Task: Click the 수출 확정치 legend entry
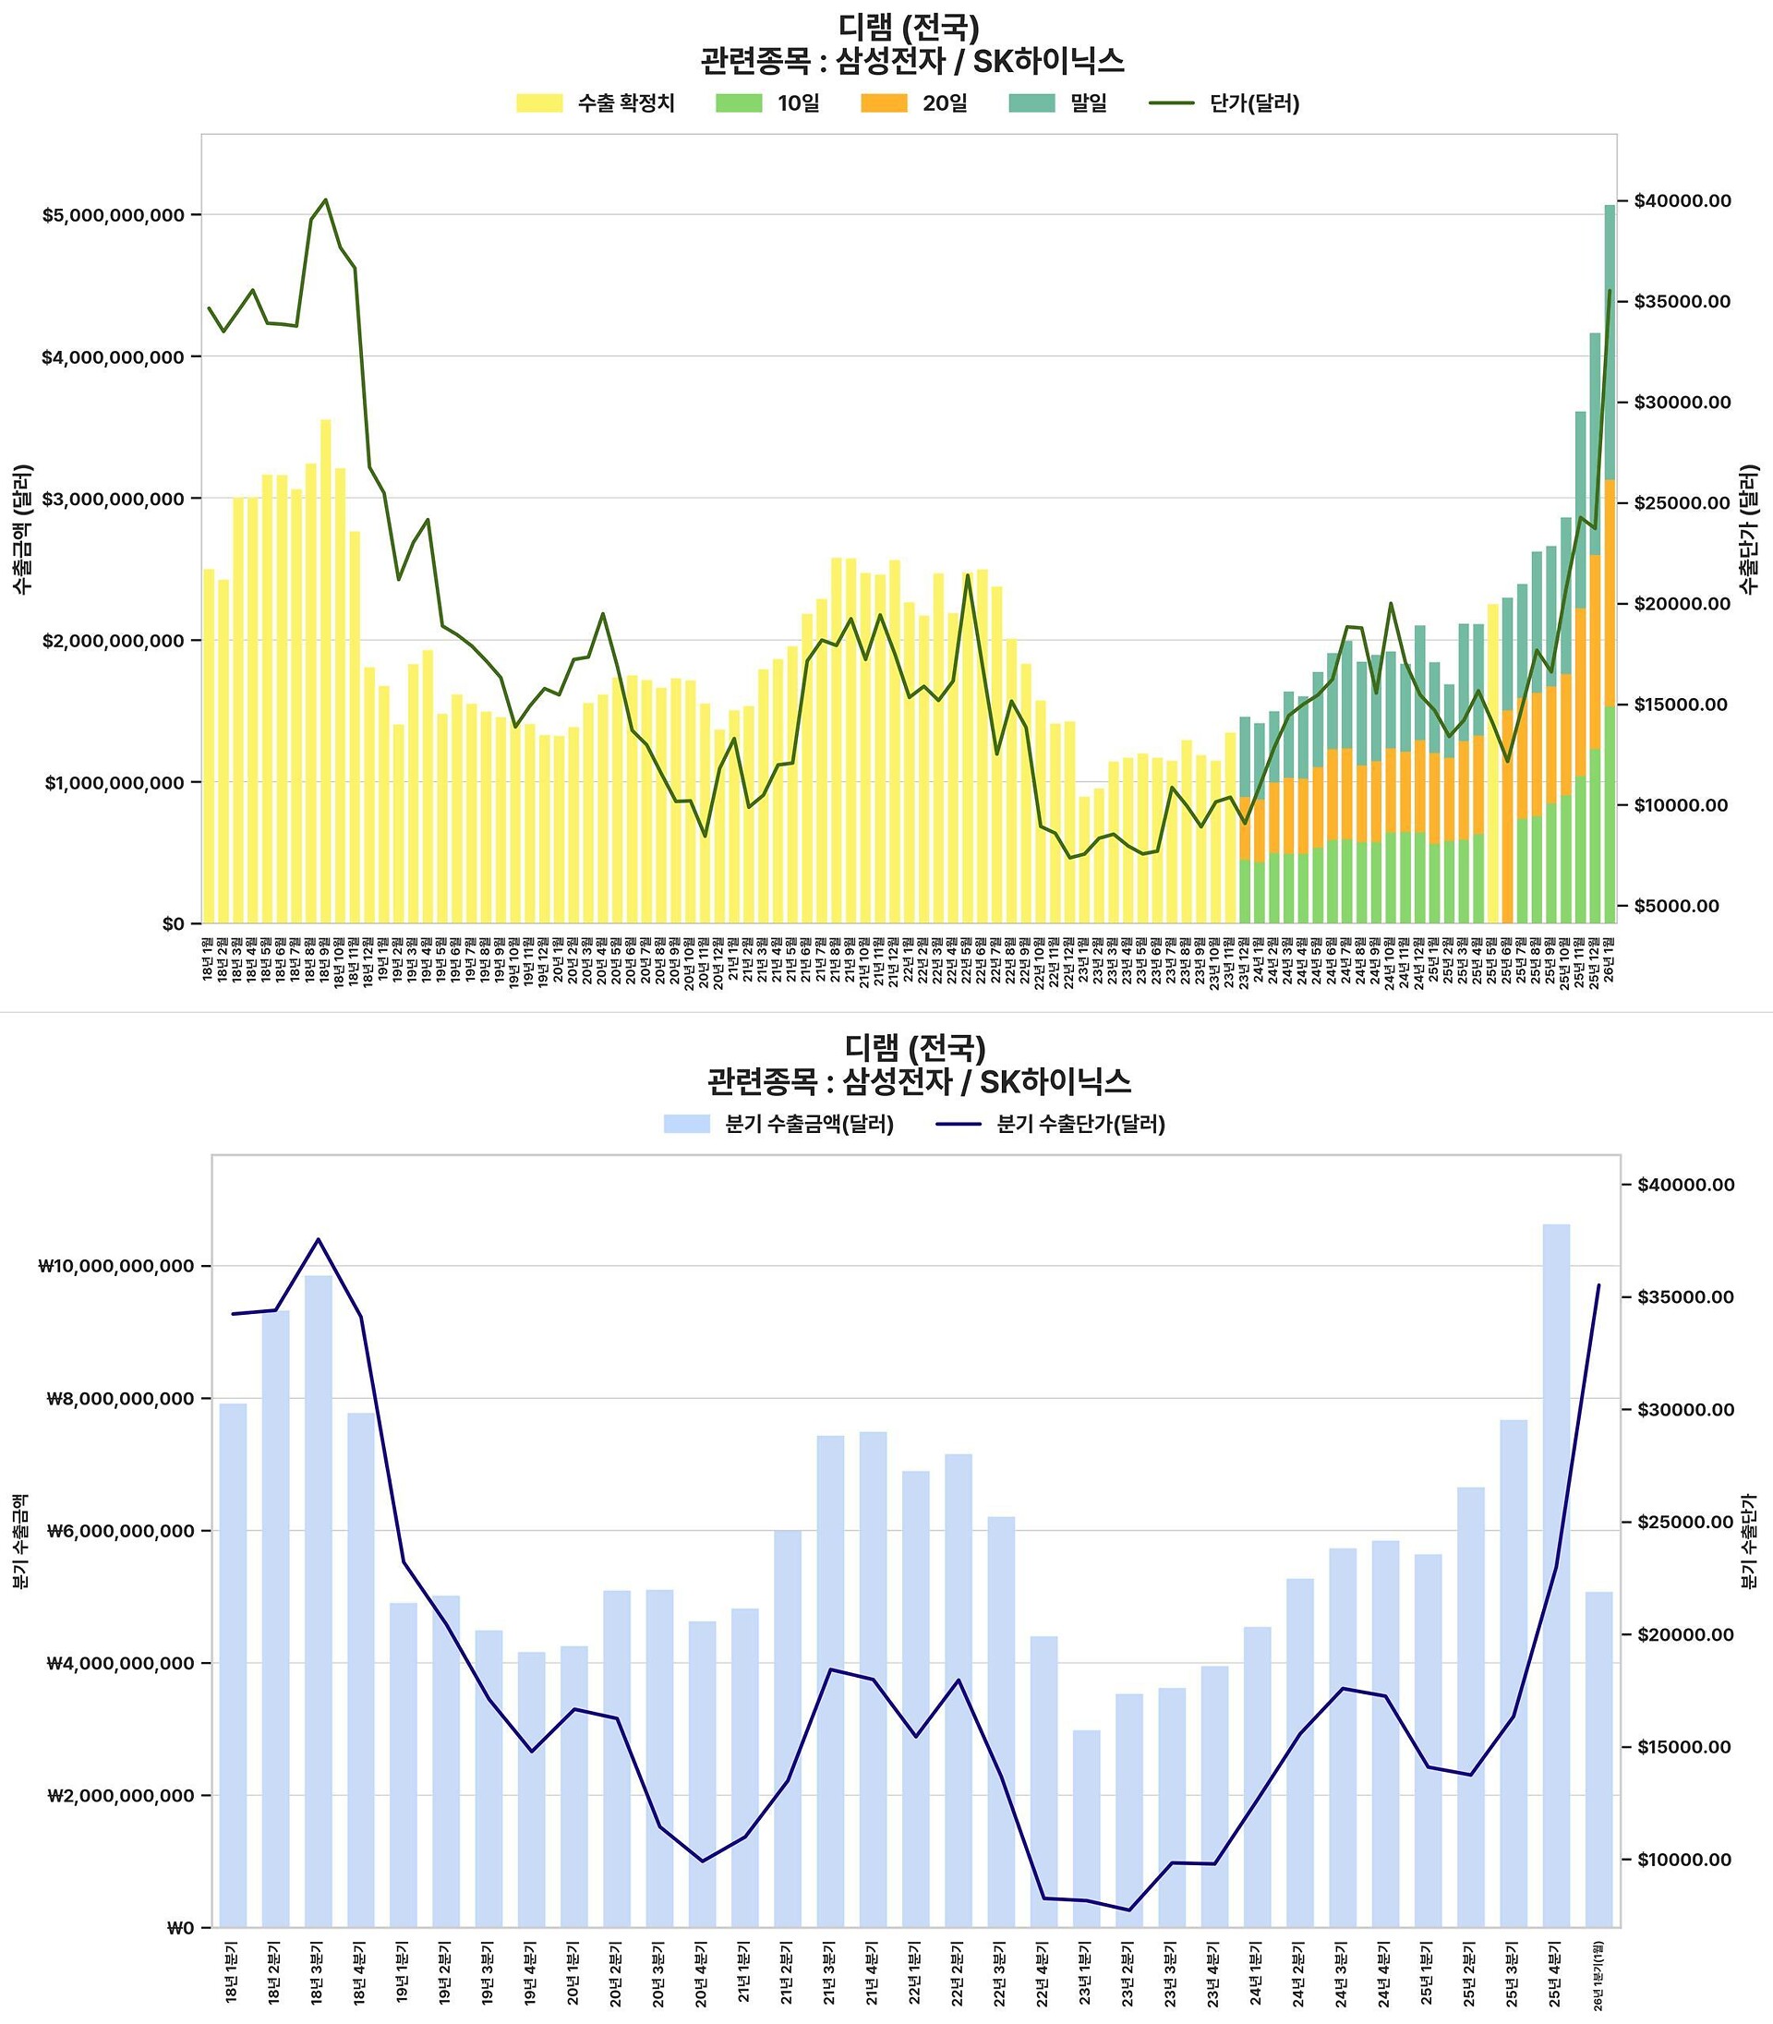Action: [596, 102]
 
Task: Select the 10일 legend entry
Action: [767, 102]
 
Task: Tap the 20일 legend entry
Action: [913, 102]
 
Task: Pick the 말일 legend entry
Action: [1057, 102]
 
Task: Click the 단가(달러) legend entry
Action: [1224, 102]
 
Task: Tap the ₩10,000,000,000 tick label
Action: [116, 1266]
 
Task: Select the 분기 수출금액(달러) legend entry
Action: [778, 1124]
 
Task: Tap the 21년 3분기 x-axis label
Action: [830, 1973]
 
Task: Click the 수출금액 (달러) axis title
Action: [23, 528]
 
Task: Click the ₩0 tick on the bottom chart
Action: [180, 1927]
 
